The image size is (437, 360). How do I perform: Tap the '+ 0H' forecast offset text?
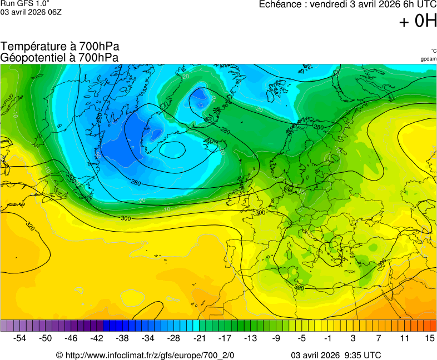point(418,22)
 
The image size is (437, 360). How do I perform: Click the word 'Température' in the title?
point(32,47)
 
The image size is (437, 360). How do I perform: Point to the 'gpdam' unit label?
point(428,59)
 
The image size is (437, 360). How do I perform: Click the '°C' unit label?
point(433,51)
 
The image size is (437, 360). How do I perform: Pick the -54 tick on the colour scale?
point(20,338)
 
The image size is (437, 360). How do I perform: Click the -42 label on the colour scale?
point(97,338)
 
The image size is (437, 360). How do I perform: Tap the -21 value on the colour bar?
point(199,338)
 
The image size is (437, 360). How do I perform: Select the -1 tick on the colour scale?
point(327,338)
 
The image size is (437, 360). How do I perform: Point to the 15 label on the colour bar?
point(429,338)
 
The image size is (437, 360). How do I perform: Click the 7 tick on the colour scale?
point(379,338)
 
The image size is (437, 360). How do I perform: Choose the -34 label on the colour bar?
point(148,338)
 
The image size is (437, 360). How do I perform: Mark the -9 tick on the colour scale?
point(276,338)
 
